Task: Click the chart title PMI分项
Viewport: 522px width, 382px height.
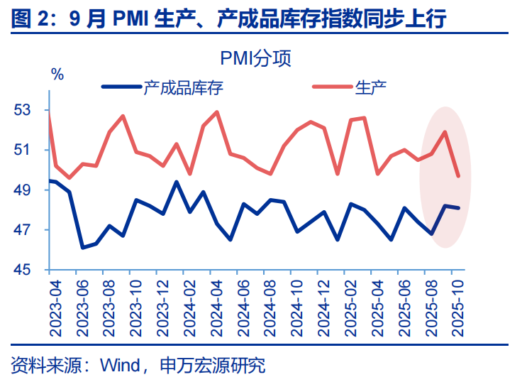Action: (x=256, y=58)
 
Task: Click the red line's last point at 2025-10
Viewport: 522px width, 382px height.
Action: (x=458, y=176)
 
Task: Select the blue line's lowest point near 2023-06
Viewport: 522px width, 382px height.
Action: (x=83, y=248)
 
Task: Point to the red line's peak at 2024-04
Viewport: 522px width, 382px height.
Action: (x=216, y=111)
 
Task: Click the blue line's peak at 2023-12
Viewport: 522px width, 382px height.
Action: (x=177, y=182)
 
